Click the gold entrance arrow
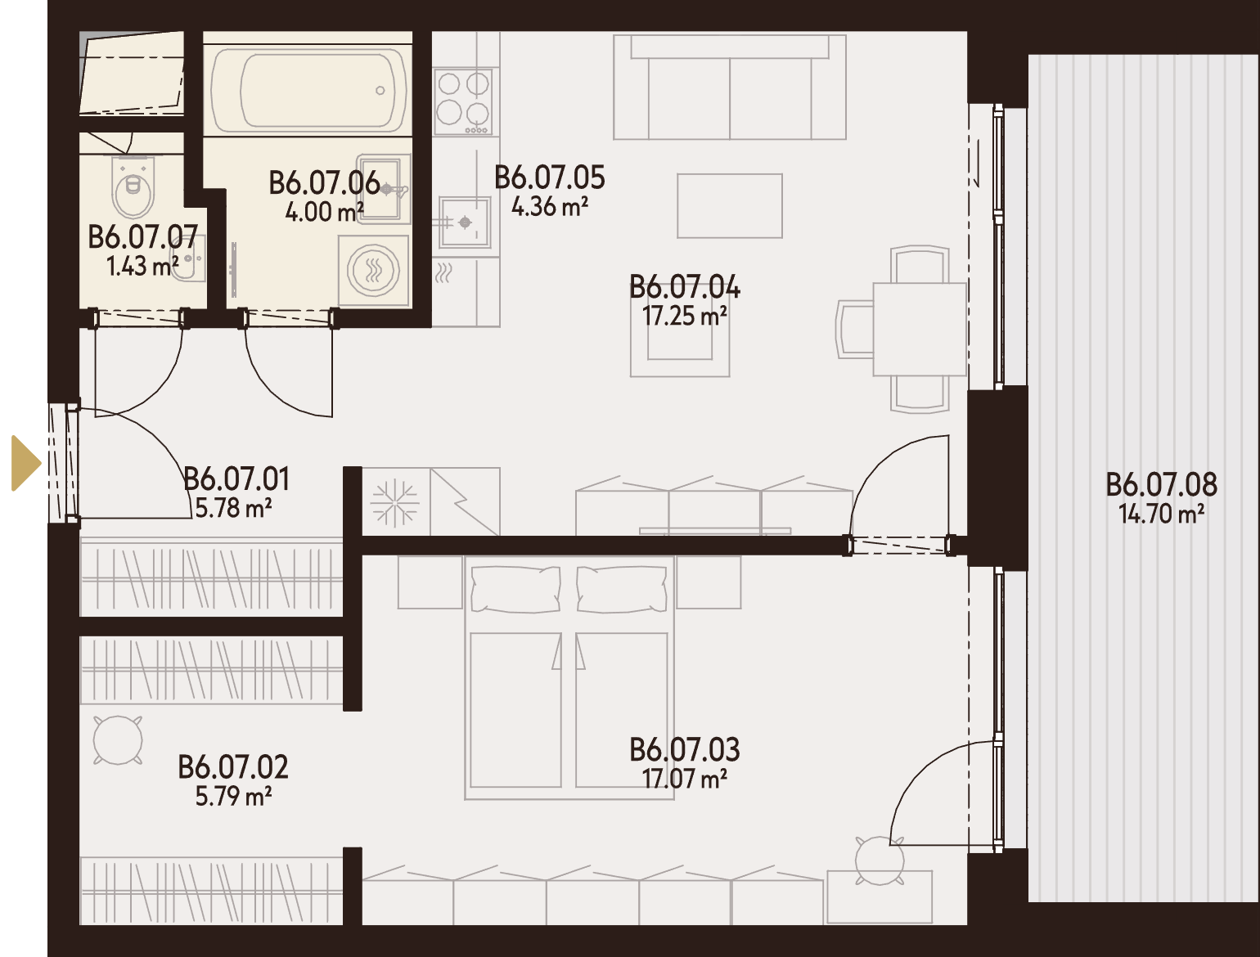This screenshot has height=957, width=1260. [x=25, y=463]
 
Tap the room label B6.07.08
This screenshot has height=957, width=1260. [x=1161, y=485]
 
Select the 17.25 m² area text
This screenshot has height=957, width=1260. [x=684, y=316]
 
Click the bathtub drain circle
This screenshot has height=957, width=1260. [x=380, y=91]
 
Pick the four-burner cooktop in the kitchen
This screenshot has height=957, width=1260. [x=463, y=101]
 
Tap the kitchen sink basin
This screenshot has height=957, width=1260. [x=465, y=222]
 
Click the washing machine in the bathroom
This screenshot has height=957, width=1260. [x=374, y=270]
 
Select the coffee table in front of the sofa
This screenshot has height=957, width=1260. [x=730, y=206]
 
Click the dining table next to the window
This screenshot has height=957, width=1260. [x=920, y=329]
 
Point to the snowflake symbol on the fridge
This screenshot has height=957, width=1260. [x=395, y=503]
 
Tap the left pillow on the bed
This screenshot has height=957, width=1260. [x=515, y=589]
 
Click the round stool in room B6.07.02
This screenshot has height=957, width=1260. [x=118, y=740]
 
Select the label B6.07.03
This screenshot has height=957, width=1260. [x=685, y=750]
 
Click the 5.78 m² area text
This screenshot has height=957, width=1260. [x=234, y=508]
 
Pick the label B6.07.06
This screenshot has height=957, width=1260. [x=324, y=183]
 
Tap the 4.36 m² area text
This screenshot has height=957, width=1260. [x=549, y=207]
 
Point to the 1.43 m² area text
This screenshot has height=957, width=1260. [x=143, y=266]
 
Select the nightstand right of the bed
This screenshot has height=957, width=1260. [x=709, y=582]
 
